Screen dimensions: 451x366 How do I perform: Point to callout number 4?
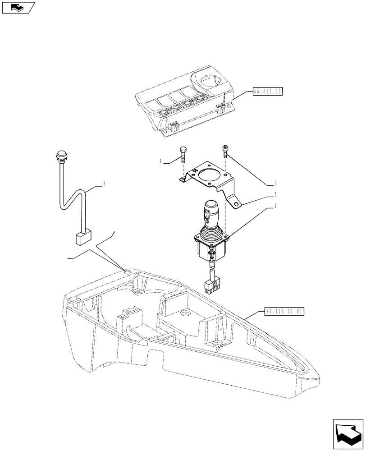160,161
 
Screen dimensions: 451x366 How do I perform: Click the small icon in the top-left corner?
18,7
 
